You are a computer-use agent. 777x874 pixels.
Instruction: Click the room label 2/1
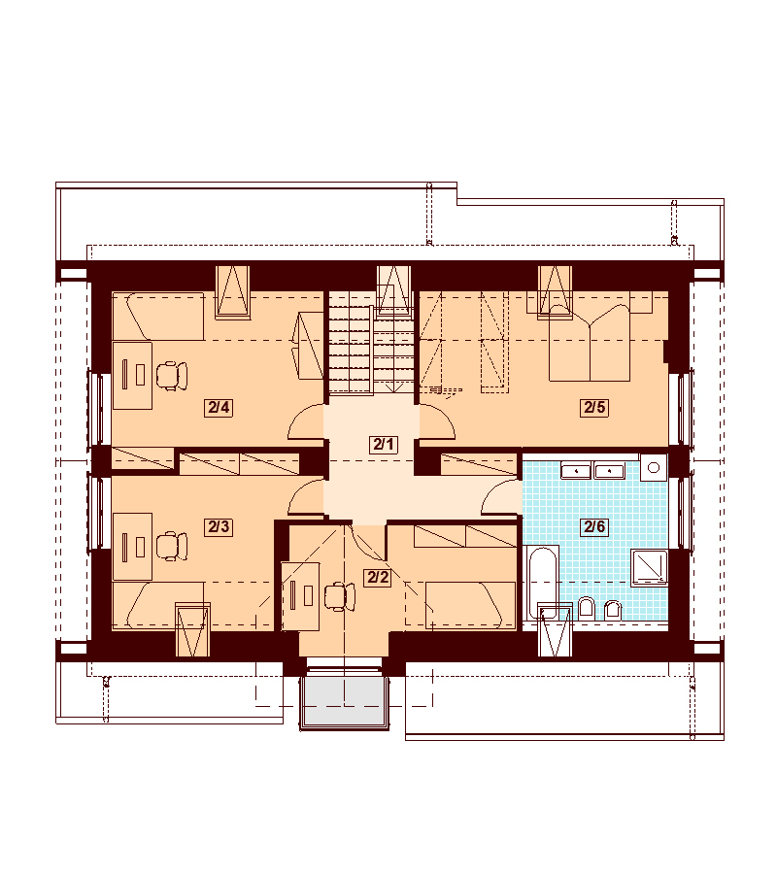coord(384,444)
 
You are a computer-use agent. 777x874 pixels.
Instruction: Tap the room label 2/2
coord(378,577)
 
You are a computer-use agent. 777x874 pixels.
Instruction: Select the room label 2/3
coord(219,526)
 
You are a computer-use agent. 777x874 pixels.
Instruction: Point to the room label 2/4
coord(219,408)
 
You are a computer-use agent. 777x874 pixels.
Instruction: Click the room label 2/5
coord(594,408)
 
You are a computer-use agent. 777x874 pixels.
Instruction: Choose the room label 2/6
coord(594,526)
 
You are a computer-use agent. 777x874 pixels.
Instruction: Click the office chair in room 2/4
coord(172,375)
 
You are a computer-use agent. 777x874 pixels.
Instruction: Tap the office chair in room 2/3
coord(172,546)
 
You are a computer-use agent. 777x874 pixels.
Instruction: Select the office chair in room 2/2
coord(340,596)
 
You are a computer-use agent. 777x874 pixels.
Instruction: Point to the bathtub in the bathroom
coord(542,584)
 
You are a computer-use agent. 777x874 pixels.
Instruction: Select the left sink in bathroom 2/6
coord(576,470)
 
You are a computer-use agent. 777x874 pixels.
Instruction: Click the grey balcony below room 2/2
coord(344,700)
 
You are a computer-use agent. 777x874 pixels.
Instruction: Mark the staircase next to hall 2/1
coord(372,343)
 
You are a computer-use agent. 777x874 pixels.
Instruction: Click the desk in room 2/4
coord(133,376)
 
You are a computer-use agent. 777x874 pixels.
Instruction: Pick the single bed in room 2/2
coord(471,605)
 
